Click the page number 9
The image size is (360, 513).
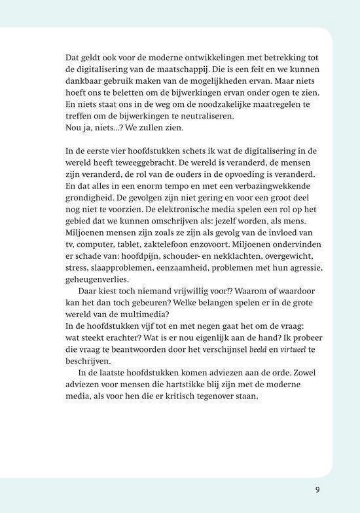point(317,489)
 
